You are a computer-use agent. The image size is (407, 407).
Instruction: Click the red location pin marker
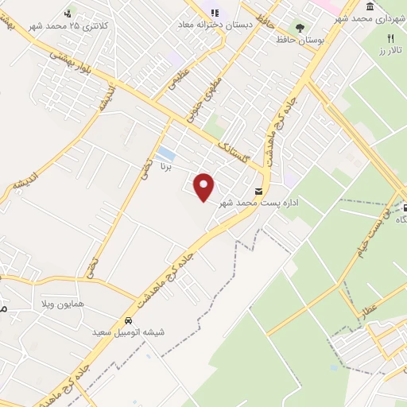pos(205,187)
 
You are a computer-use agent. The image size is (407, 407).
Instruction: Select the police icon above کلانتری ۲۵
pos(68,14)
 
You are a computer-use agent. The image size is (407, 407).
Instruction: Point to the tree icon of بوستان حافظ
pos(300,27)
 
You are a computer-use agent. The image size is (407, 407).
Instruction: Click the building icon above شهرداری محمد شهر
pos(370,6)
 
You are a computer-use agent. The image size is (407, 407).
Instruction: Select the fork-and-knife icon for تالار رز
pos(390,38)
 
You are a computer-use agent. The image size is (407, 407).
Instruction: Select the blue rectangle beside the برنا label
pos(165,153)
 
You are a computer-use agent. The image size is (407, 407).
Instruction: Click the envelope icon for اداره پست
pos(258,191)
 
